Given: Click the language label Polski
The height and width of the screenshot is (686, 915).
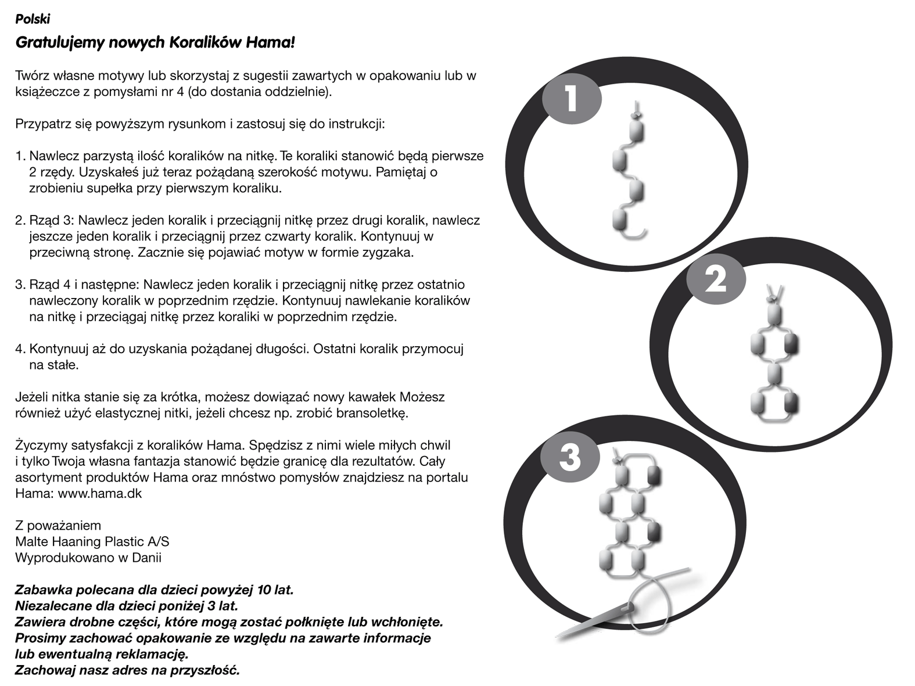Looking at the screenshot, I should (33, 19).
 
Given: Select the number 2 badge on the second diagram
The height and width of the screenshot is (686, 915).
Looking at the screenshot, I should (715, 280).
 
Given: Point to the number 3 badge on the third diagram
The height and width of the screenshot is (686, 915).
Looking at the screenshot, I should (570, 457).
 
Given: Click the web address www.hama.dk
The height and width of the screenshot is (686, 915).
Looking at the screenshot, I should (107, 494).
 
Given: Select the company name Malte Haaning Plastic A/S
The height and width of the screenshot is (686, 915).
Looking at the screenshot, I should (92, 542).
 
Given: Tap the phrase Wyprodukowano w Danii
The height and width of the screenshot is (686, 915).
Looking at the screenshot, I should (88, 558).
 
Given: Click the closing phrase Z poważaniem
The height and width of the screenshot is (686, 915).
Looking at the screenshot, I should (58, 526).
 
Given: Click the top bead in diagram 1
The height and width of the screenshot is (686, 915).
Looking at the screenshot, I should (637, 131).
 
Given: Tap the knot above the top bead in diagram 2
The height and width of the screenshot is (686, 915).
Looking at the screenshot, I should (773, 299).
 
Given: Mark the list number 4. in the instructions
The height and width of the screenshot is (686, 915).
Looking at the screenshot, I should (20, 349).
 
